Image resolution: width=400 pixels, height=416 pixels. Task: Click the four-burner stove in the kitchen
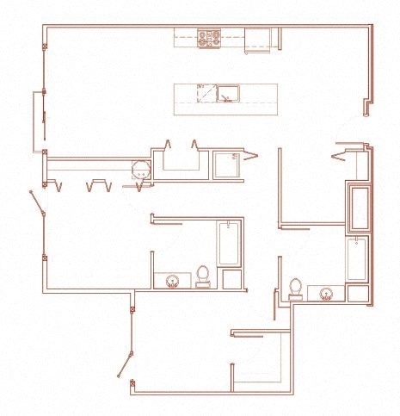tap(208, 38)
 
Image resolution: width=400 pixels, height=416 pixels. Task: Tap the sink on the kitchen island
tap(228, 92)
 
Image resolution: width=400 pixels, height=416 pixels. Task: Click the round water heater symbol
tap(141, 171)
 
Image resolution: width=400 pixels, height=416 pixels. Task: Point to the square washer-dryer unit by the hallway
tap(228, 164)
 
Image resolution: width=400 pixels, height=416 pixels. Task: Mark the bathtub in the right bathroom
tap(357, 259)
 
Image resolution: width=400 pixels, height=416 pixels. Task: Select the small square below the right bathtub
tap(357, 293)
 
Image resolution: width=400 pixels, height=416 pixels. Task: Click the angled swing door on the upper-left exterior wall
tap(36, 206)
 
